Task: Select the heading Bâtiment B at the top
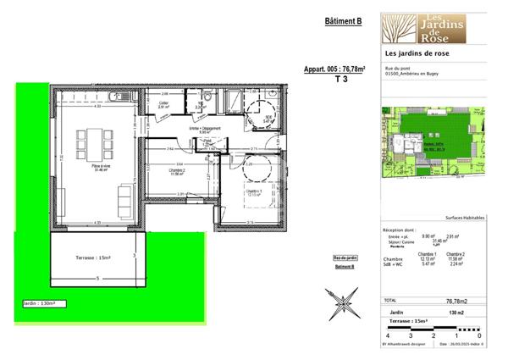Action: click(343, 23)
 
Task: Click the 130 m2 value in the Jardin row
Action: click(458, 313)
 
